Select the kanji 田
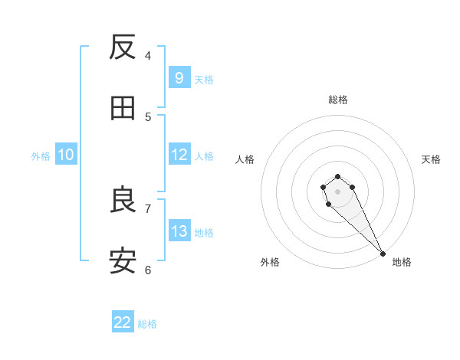(123, 109)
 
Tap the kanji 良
(123, 201)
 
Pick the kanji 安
(123, 262)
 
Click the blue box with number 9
(179, 77)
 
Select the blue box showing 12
(179, 155)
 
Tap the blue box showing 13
(179, 231)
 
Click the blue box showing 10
(66, 155)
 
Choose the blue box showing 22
(123, 322)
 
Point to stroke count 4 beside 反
(148, 55)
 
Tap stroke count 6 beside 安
(148, 270)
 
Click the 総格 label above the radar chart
(338, 100)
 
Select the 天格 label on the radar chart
(432, 159)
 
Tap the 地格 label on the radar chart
(402, 262)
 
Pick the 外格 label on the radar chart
(270, 262)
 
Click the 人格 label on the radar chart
(245, 159)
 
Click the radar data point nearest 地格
(383, 254)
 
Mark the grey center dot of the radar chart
(337, 191)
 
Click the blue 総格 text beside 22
(147, 324)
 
